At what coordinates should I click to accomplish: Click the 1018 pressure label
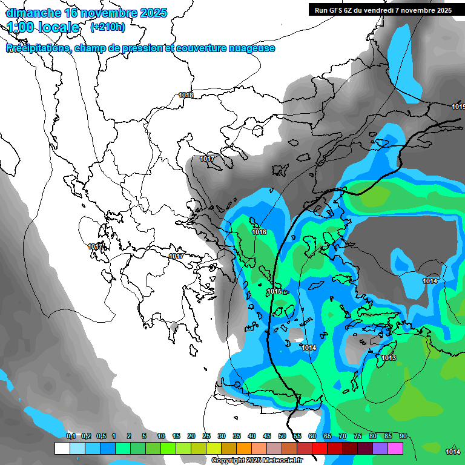[186, 96]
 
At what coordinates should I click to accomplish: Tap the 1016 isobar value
[259, 232]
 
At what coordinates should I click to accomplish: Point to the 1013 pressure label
[389, 358]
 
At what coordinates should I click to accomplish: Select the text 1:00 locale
[44, 27]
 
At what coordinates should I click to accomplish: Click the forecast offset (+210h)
[108, 27]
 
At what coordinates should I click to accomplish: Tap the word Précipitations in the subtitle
[37, 48]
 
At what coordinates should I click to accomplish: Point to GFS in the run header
[335, 10]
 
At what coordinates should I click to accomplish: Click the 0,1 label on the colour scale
[71, 436]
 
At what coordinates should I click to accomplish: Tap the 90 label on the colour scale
[403, 436]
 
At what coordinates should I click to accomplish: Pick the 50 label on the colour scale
[282, 436]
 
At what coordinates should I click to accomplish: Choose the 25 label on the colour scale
[206, 436]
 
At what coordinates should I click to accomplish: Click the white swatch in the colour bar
[62, 448]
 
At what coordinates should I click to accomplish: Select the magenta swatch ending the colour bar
[395, 448]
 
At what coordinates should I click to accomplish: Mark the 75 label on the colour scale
[358, 436]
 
